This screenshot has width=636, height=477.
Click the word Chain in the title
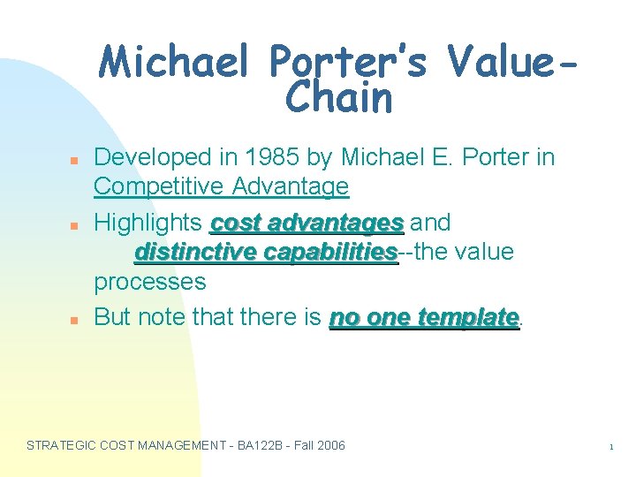338,99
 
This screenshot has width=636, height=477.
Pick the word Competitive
156,187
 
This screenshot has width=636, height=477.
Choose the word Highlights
148,222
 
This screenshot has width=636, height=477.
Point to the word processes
149,283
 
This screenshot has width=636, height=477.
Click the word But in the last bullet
112,317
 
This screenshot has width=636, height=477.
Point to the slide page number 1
610,448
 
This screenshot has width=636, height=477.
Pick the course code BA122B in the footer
261,445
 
